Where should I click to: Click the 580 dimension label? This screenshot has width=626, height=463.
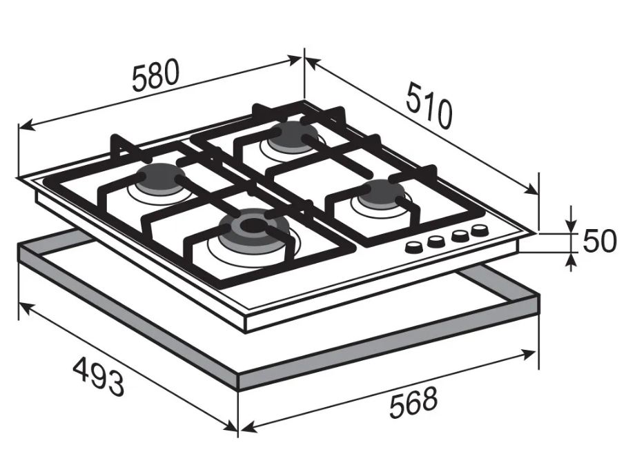click(155, 75)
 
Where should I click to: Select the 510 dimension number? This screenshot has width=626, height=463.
click(429, 106)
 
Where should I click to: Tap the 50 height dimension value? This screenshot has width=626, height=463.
click(600, 242)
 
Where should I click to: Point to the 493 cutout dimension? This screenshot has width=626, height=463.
click(99, 375)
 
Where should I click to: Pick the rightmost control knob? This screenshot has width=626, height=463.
click(479, 230)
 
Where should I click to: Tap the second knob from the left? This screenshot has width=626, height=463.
click(436, 241)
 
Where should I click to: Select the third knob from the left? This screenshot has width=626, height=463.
click(460, 235)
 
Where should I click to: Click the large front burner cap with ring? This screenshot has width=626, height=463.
click(254, 228)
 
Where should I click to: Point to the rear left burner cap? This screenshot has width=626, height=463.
click(159, 178)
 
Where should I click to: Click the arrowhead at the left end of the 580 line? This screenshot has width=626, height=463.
click(26, 126)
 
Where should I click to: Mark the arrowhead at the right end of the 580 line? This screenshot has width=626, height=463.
click(294, 60)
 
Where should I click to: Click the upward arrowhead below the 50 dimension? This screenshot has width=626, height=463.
click(572, 262)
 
